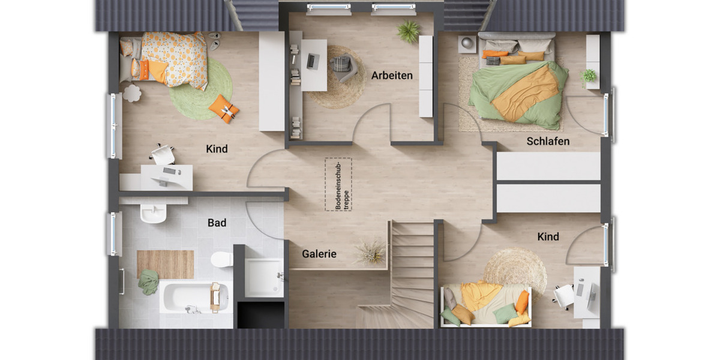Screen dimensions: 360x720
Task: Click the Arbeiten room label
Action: point(392,76)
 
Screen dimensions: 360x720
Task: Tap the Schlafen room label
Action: point(548,142)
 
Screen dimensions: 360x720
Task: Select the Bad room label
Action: point(217,223)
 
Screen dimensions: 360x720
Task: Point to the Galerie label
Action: point(319,254)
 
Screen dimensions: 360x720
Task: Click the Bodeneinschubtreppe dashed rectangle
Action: point(338,184)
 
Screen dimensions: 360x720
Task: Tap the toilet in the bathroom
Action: point(221,259)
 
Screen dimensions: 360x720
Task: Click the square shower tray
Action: point(263,277)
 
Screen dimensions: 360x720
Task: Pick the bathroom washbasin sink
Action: point(153,213)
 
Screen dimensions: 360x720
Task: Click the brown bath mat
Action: point(165,265)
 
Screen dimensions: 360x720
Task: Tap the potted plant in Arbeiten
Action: point(409,32)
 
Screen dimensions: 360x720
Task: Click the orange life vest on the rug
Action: point(224,109)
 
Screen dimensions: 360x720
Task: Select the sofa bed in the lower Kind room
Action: point(485,305)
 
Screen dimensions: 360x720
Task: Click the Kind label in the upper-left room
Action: point(217,149)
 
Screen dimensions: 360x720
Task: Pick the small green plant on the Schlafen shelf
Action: point(589,76)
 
